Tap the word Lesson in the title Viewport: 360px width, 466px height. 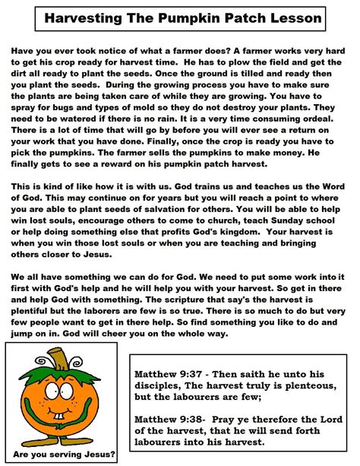(288, 17)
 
